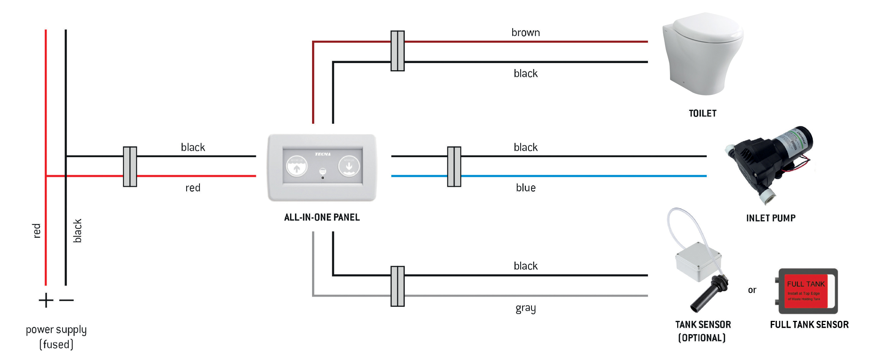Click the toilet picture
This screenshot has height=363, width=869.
[703, 53]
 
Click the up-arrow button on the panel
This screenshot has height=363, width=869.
[296, 167]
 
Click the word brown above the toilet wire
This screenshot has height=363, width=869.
[525, 33]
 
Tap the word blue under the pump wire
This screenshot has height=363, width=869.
[525, 188]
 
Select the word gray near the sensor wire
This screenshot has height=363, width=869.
[525, 308]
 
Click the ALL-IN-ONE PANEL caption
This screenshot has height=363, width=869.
[322, 217]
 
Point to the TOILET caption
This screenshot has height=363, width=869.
[703, 113]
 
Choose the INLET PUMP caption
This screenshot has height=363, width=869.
[771, 218]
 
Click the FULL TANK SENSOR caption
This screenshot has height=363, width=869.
[809, 325]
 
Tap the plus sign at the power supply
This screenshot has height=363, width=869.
[46, 300]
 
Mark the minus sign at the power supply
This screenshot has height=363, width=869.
[67, 300]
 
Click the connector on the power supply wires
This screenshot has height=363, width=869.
[130, 166]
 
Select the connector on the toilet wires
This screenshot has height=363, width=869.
[398, 51]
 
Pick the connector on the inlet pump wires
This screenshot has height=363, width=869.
[454, 166]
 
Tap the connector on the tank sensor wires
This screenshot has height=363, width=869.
[398, 286]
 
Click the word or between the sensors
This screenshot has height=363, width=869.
[752, 290]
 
